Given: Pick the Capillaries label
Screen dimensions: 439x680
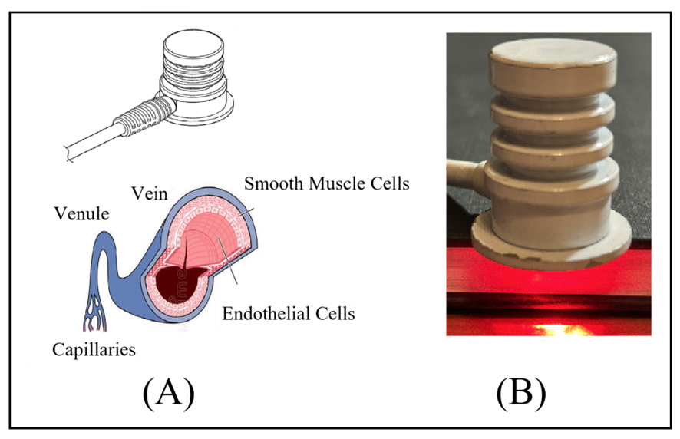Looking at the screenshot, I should point(94,350).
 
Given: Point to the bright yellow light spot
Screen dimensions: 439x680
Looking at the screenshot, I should point(560,328).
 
